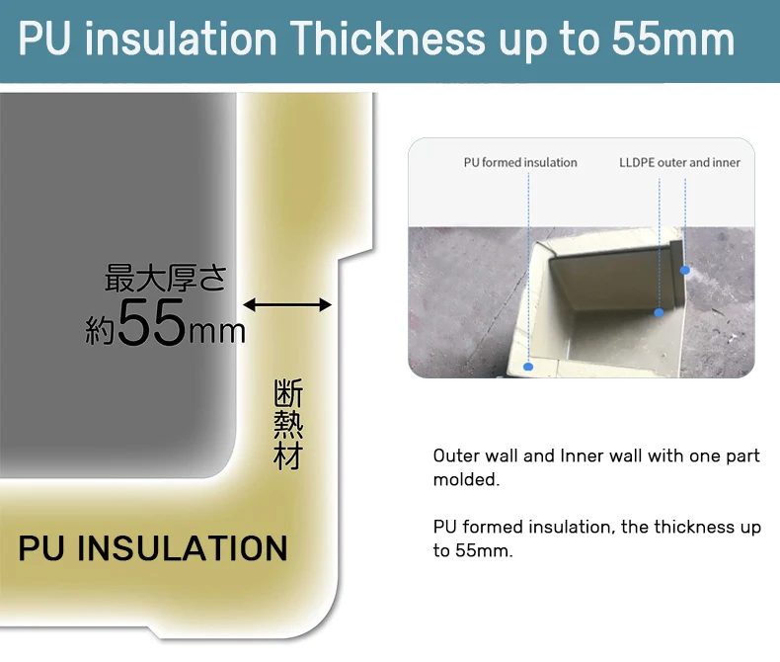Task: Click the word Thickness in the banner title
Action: (x=387, y=39)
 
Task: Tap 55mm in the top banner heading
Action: (x=672, y=39)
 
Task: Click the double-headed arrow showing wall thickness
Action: (x=287, y=304)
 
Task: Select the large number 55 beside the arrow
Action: (x=151, y=322)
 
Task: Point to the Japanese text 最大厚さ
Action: (x=166, y=278)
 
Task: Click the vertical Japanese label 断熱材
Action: (x=288, y=425)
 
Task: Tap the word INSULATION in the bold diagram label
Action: (x=183, y=548)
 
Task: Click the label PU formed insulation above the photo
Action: (x=520, y=162)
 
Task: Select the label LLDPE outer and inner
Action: (x=679, y=162)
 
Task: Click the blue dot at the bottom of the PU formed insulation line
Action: (x=528, y=367)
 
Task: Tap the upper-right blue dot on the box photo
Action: (x=685, y=270)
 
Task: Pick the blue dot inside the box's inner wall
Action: (x=659, y=312)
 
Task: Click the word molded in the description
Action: (x=466, y=479)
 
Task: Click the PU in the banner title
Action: (x=44, y=39)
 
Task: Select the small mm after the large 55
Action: (x=217, y=333)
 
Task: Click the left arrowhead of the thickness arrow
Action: (x=249, y=304)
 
